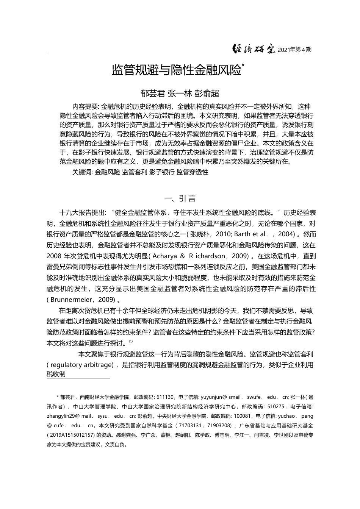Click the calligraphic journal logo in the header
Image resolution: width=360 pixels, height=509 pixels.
pos(254,49)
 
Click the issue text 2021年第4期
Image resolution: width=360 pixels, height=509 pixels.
pos(294,50)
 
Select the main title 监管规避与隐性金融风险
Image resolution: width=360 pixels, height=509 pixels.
pos(177,70)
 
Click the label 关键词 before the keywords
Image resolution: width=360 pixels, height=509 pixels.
pos(82,172)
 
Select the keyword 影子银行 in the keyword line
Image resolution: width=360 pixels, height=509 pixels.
pos(161,172)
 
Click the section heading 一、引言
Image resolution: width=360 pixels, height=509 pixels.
pos(180,198)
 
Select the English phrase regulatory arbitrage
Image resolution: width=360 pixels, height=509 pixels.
pos(81,365)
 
